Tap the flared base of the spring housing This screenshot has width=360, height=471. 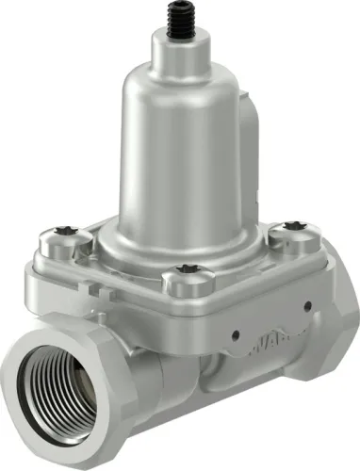coord(179,231)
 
